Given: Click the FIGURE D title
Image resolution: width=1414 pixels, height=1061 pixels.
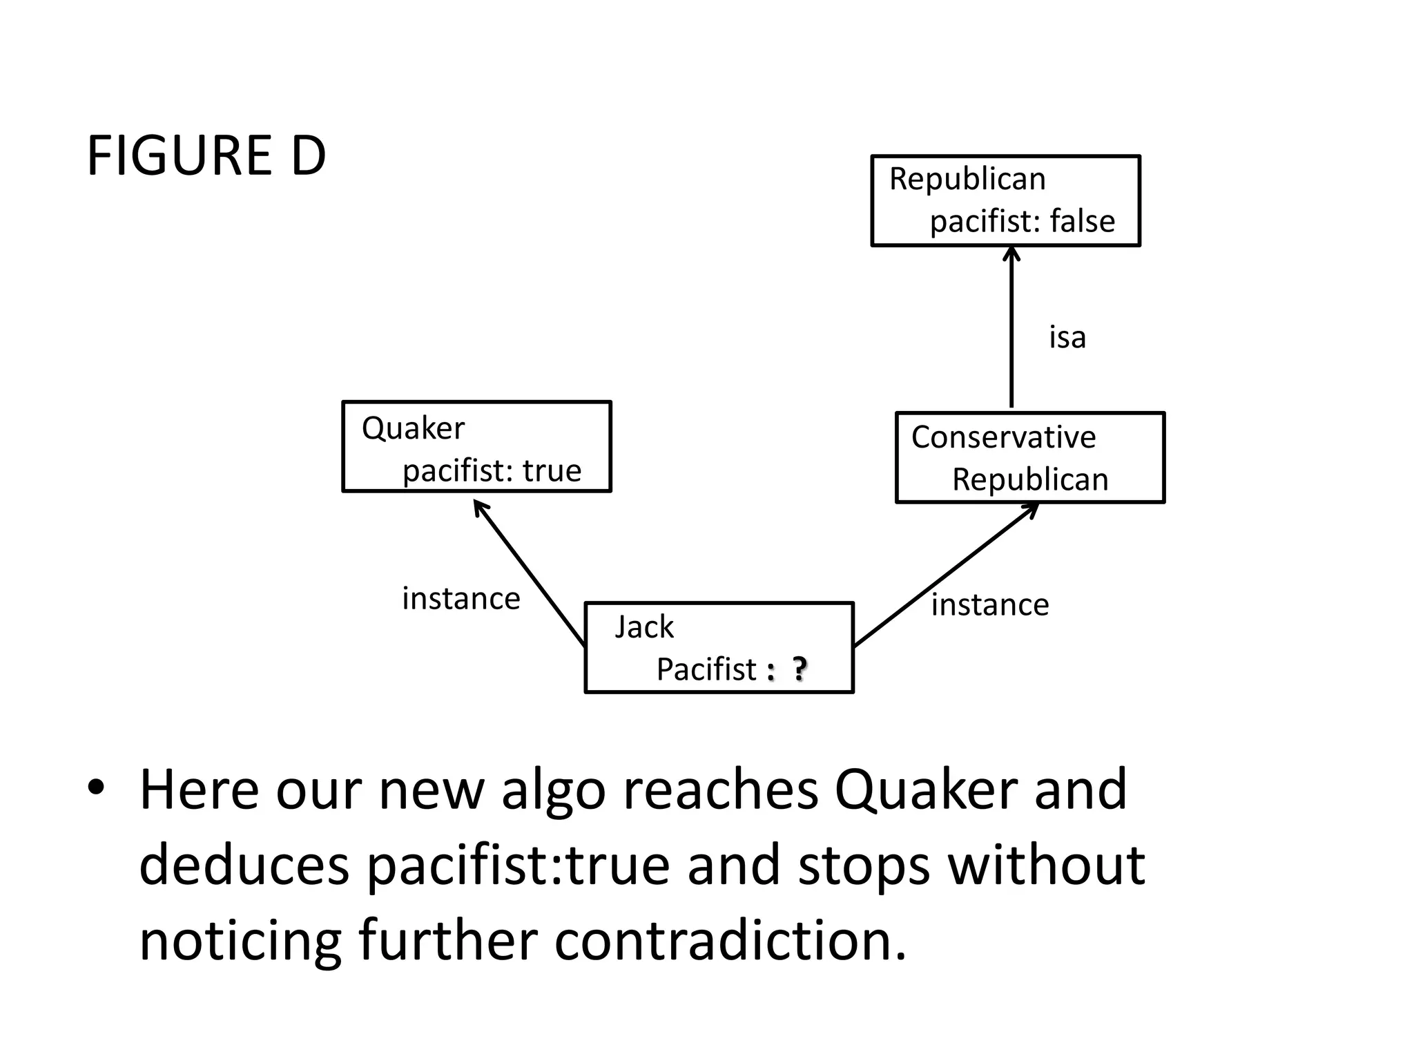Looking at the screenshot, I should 206,156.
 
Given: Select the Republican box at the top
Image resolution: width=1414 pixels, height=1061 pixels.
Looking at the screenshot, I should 1005,200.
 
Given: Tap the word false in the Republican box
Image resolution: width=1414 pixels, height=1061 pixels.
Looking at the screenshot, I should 1082,222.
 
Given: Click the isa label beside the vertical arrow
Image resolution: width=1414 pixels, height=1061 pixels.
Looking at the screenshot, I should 1067,338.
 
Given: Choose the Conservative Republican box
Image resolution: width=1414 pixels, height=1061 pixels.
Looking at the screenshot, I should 1029,458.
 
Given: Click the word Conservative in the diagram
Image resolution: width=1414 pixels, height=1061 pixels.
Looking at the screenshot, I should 1003,437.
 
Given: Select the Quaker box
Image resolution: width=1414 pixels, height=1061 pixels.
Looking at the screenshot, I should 476,446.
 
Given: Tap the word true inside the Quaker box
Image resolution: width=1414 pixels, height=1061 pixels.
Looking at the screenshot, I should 552,471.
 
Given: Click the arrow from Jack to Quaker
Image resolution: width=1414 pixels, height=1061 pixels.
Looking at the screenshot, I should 529,573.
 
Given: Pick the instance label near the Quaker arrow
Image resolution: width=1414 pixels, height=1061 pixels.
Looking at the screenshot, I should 461,599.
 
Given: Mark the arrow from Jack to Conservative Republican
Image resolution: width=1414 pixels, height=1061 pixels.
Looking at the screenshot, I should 946,575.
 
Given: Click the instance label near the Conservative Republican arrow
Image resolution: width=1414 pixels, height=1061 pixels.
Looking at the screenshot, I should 989,605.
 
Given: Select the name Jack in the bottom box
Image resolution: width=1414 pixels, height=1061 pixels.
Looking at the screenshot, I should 643,627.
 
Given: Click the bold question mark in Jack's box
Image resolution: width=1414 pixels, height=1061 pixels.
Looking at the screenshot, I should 799,669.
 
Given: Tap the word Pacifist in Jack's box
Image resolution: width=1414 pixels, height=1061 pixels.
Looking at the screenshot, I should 706,669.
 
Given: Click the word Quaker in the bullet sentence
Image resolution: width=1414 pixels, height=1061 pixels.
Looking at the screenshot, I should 926,790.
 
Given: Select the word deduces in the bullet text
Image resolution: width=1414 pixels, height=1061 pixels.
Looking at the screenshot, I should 244,865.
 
